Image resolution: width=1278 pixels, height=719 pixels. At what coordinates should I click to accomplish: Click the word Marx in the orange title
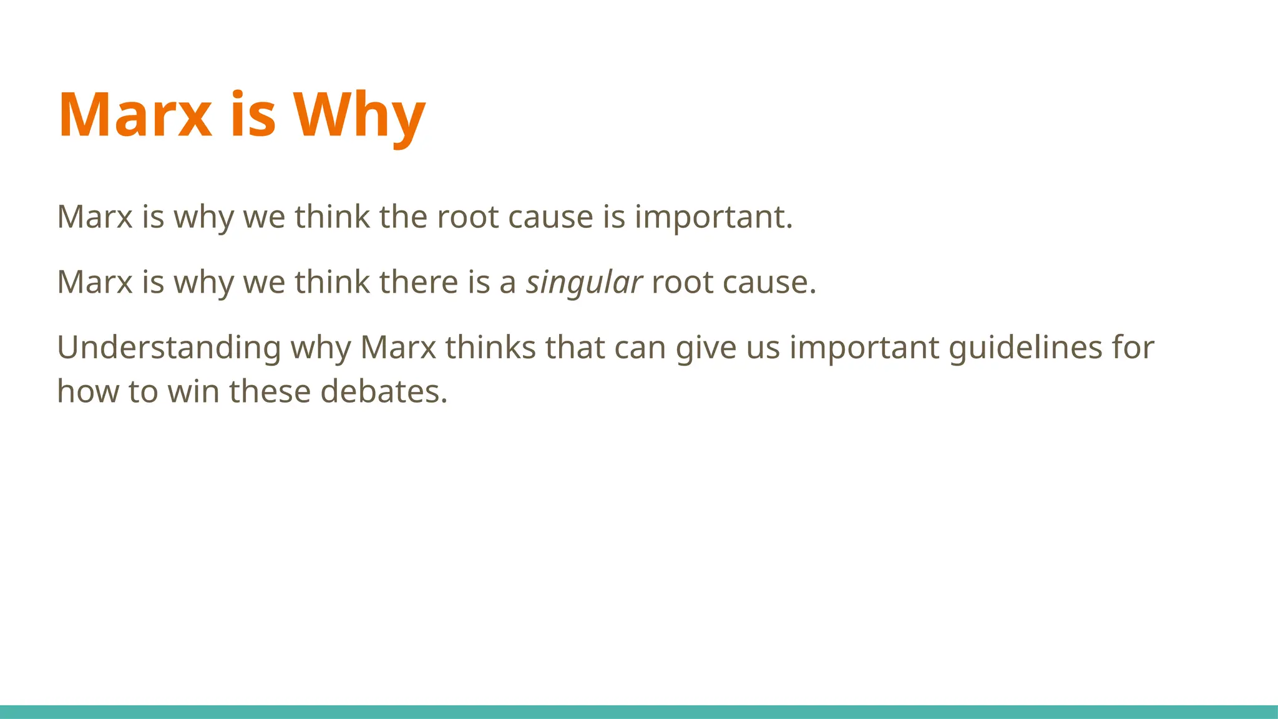(x=135, y=115)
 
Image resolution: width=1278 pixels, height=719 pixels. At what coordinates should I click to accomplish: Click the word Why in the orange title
(x=359, y=115)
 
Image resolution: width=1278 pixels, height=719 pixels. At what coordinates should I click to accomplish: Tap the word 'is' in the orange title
(x=253, y=115)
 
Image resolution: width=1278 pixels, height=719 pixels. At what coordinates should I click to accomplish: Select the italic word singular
(x=583, y=282)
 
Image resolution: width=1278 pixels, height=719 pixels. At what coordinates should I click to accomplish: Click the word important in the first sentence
(x=713, y=217)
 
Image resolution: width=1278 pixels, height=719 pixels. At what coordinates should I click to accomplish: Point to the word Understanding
(x=168, y=348)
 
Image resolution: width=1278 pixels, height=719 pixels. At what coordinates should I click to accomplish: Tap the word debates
(x=384, y=392)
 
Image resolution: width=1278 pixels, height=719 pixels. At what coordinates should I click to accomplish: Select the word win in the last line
(x=193, y=392)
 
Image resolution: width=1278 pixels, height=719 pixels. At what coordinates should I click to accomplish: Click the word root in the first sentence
(x=467, y=217)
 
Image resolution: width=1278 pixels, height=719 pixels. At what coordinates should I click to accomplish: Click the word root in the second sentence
(x=682, y=282)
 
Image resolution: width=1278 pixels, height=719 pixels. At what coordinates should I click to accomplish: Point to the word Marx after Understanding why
(x=398, y=348)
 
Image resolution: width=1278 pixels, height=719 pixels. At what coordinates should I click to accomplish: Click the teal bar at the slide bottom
(x=639, y=712)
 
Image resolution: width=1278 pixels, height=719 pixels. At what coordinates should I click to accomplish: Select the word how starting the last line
(x=87, y=392)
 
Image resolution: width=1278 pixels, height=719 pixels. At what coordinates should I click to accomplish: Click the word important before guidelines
(x=864, y=348)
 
